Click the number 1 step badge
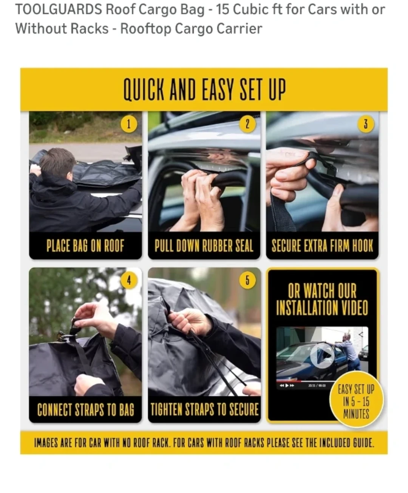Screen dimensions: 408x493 [129, 124]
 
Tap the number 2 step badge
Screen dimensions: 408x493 [247, 124]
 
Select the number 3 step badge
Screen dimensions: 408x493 [366, 124]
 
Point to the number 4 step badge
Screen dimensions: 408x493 [129, 281]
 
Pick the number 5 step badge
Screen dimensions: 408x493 [247, 281]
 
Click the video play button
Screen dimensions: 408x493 [322, 355]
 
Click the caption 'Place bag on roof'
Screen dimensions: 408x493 [85, 246]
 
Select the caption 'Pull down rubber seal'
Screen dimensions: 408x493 [204, 246]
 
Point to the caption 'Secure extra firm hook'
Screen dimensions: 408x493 [322, 246]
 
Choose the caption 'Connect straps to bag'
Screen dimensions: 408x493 [86, 410]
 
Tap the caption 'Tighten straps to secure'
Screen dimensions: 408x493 [205, 410]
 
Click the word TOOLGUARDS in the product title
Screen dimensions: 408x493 [59, 10]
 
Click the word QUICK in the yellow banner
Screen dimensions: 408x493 [144, 89]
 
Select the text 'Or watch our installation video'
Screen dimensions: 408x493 [322, 299]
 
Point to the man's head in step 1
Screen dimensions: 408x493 [57, 163]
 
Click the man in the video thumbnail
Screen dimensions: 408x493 [349, 352]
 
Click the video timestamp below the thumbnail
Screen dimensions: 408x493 [317, 386]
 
